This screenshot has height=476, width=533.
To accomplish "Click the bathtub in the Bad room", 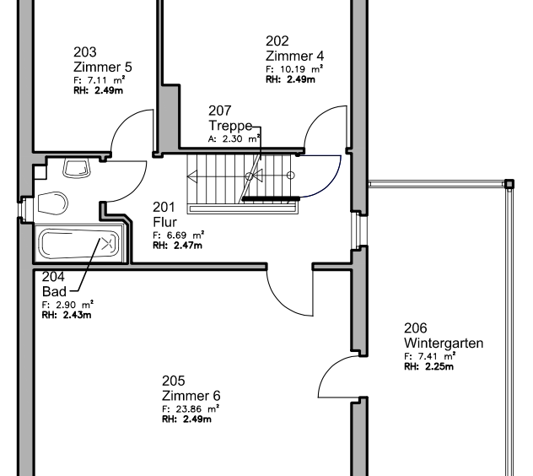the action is pyautogui.click(x=79, y=244).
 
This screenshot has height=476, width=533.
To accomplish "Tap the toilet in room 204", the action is pyautogui.click(x=52, y=203).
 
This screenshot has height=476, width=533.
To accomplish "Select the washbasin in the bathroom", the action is pyautogui.click(x=77, y=169).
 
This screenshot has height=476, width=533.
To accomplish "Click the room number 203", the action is pyautogui.click(x=85, y=52).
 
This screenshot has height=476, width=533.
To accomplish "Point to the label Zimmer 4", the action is pyautogui.click(x=294, y=56).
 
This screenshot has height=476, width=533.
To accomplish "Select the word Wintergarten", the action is pyautogui.click(x=444, y=343).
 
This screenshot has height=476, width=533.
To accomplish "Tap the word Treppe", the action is pyautogui.click(x=230, y=126).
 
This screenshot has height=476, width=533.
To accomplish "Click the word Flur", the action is pyautogui.click(x=164, y=222).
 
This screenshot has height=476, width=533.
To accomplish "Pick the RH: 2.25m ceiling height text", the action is pyautogui.click(x=428, y=366).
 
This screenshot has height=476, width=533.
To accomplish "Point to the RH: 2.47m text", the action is pyautogui.click(x=177, y=246).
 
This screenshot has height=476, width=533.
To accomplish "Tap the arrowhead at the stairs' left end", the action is pyautogui.click(x=192, y=177).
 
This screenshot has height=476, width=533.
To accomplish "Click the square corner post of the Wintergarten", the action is pyautogui.click(x=509, y=185).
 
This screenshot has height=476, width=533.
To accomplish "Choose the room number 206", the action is pyautogui.click(x=416, y=328).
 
